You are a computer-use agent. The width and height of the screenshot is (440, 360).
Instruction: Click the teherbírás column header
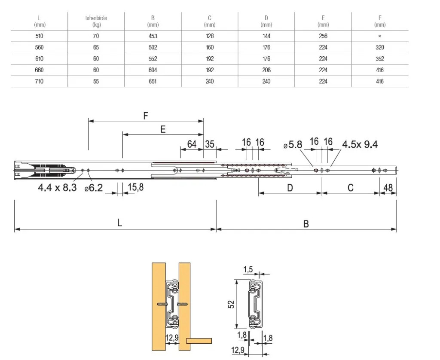click(x=96, y=21)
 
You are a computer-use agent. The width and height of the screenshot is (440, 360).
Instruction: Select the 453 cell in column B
click(x=153, y=36)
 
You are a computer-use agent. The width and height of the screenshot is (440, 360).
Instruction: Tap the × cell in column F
click(x=380, y=36)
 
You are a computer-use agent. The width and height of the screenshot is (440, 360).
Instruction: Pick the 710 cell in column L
click(x=39, y=81)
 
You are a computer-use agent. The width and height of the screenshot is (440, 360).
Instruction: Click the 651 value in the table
click(x=153, y=81)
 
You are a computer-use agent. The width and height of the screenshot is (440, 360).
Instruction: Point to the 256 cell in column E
click(x=323, y=36)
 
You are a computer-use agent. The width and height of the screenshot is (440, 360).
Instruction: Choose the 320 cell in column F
click(x=380, y=47)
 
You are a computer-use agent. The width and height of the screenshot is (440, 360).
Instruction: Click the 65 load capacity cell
click(x=96, y=47)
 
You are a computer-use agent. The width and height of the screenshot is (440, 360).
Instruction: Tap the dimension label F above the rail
click(x=146, y=116)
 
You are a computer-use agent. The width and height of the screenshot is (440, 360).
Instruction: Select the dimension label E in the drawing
click(x=163, y=129)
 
